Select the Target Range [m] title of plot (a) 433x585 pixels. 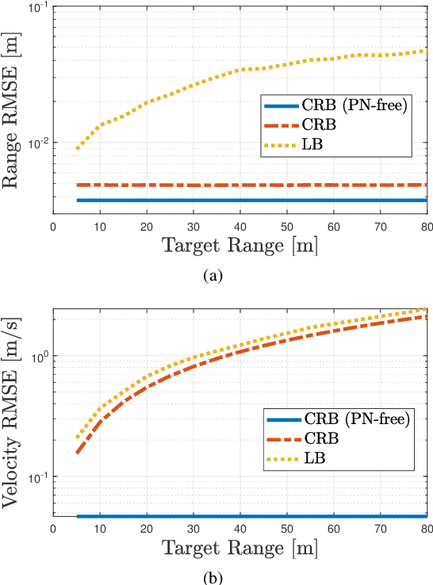pos(240,245)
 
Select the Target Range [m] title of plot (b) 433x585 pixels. pos(240,548)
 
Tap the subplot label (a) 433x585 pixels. pos(213,276)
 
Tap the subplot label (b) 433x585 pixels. pos(213,577)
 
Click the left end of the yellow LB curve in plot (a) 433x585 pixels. pos(77,148)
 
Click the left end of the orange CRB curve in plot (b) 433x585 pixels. pos(77,453)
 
